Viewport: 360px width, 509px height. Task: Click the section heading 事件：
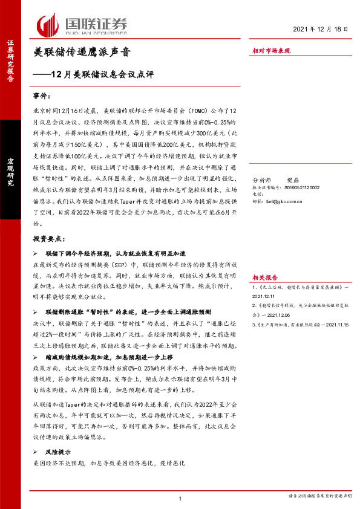[44, 97]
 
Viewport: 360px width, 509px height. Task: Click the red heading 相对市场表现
[271, 51]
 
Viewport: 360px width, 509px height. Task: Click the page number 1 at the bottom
[180, 498]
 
